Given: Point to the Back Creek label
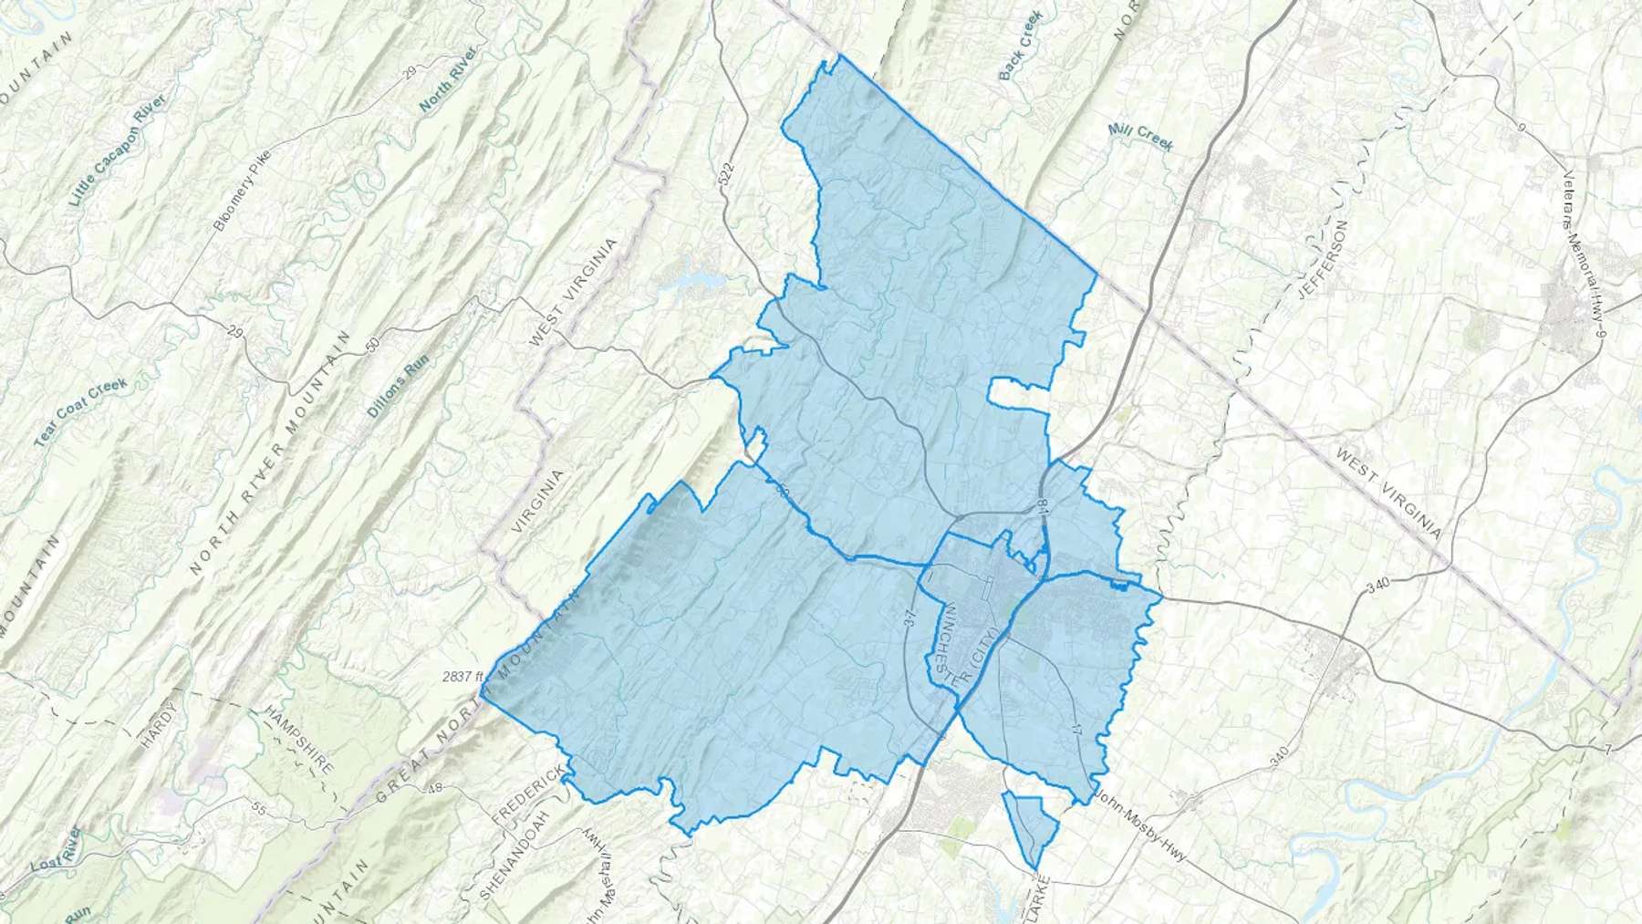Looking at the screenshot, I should tap(1019, 60).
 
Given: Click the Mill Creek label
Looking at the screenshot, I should tap(1140, 138).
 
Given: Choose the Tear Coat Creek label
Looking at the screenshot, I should tap(82, 412).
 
